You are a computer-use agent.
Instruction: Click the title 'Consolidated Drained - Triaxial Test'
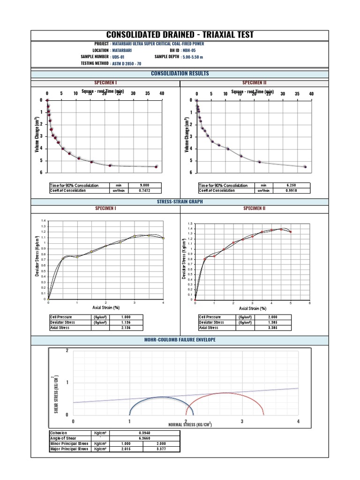(x=180, y=35)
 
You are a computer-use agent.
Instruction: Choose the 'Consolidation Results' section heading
(x=180, y=74)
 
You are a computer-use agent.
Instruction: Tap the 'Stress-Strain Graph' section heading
(x=180, y=202)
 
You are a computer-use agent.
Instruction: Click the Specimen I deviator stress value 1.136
(x=126, y=322)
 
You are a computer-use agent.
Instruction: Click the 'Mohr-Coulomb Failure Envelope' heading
(x=180, y=339)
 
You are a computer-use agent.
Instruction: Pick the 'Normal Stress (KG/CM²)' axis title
(x=190, y=425)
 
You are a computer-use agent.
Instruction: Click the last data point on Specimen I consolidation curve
(x=157, y=166)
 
